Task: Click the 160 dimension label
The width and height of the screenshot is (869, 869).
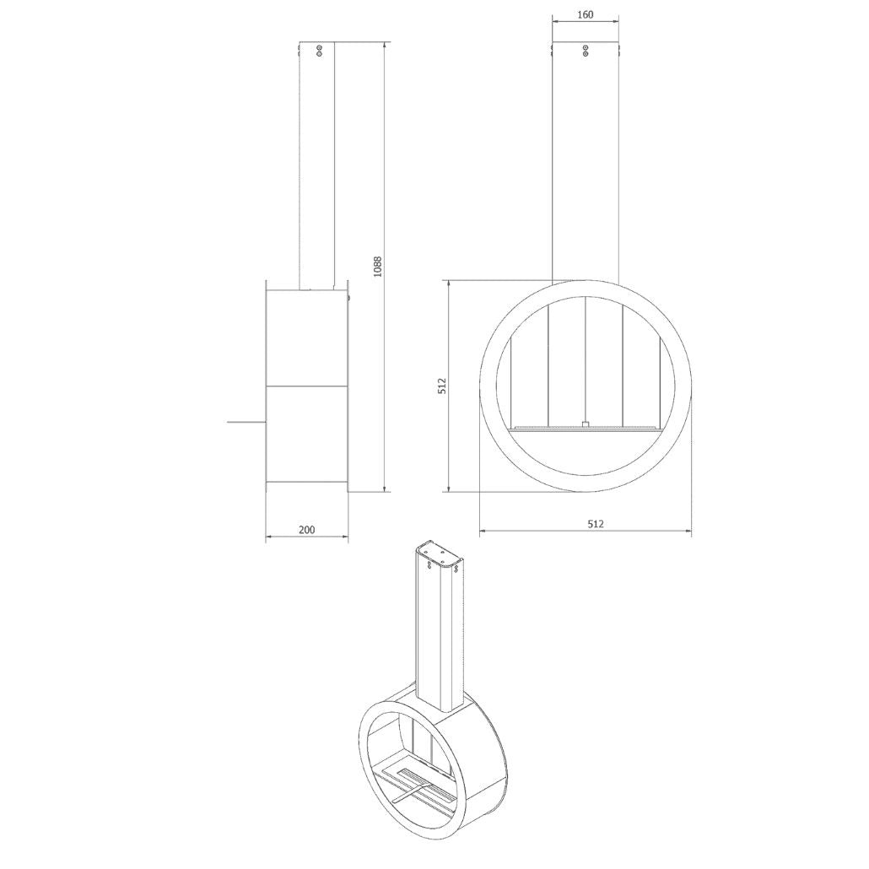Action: point(586,15)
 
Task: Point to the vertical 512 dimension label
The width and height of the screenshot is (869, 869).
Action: point(442,386)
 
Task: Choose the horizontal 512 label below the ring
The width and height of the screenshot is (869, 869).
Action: point(595,523)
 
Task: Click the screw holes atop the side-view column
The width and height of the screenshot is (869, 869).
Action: point(319,51)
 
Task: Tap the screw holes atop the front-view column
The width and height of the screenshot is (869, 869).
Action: point(586,51)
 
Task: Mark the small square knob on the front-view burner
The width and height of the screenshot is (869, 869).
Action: point(586,424)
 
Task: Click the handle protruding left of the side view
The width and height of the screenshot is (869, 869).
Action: point(246,423)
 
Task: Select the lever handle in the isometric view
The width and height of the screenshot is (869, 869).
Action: point(411,791)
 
